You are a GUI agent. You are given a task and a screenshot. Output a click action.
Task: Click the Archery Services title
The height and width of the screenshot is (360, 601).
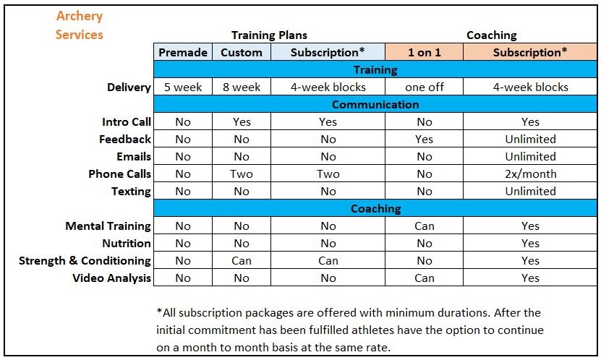pos(79,25)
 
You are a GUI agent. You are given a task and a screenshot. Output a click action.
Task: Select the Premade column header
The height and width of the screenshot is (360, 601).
pos(183,52)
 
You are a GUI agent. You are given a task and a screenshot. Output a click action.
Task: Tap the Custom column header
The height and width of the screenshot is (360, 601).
pos(242,52)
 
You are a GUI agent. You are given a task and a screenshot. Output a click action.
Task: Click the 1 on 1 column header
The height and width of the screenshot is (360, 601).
pos(424,52)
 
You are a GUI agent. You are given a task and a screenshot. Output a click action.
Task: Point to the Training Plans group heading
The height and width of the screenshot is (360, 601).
pos(269,35)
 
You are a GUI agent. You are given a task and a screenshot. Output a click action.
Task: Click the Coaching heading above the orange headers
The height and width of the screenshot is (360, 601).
pos(491,35)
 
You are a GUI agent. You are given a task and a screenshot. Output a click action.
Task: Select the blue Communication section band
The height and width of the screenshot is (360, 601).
pos(375,105)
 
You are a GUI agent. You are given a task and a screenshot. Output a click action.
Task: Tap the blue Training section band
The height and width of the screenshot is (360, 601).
pos(375,70)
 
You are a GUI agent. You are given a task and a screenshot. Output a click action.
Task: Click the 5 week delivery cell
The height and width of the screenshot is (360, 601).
pos(183,87)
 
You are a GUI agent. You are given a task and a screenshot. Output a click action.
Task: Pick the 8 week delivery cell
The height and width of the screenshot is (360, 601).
pos(242,87)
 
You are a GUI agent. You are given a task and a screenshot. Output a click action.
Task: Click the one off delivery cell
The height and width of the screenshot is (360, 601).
pos(424,87)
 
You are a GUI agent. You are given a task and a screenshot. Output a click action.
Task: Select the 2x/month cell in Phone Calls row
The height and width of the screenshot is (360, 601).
pos(530,174)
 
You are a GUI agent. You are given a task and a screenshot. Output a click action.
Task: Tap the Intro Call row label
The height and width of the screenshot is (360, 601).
pos(127,122)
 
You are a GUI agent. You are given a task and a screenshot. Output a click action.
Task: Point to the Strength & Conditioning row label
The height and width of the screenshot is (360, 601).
pos(85,261)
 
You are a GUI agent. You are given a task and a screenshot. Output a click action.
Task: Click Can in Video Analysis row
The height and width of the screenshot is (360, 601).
pos(424,278)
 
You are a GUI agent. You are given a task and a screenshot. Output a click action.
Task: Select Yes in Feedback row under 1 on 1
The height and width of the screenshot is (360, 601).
pos(424,140)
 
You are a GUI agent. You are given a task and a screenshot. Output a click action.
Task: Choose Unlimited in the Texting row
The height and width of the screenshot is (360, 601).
pos(530,192)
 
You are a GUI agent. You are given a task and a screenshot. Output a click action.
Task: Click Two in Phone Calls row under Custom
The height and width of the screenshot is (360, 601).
pos(242,174)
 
